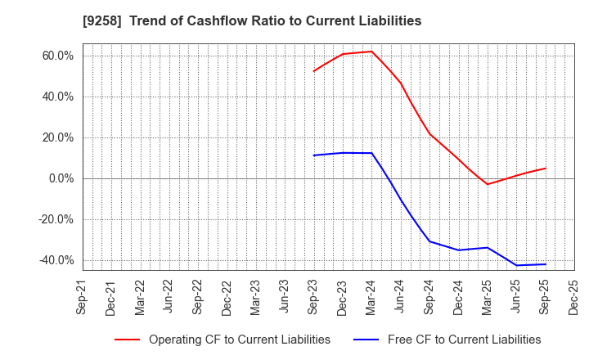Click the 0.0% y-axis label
pyautogui.click(x=60, y=178)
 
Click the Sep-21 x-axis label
pyautogui.click(x=83, y=296)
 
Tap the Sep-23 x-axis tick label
pyautogui.click(x=314, y=296)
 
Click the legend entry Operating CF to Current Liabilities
pyautogui.click(x=239, y=340)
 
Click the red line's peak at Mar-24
pyautogui.click(x=372, y=52)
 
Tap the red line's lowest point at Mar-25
pyautogui.click(x=488, y=184)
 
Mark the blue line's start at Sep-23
pyautogui.click(x=314, y=155)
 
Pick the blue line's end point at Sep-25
pyautogui.click(x=546, y=264)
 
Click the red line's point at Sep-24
pyautogui.click(x=429, y=133)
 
